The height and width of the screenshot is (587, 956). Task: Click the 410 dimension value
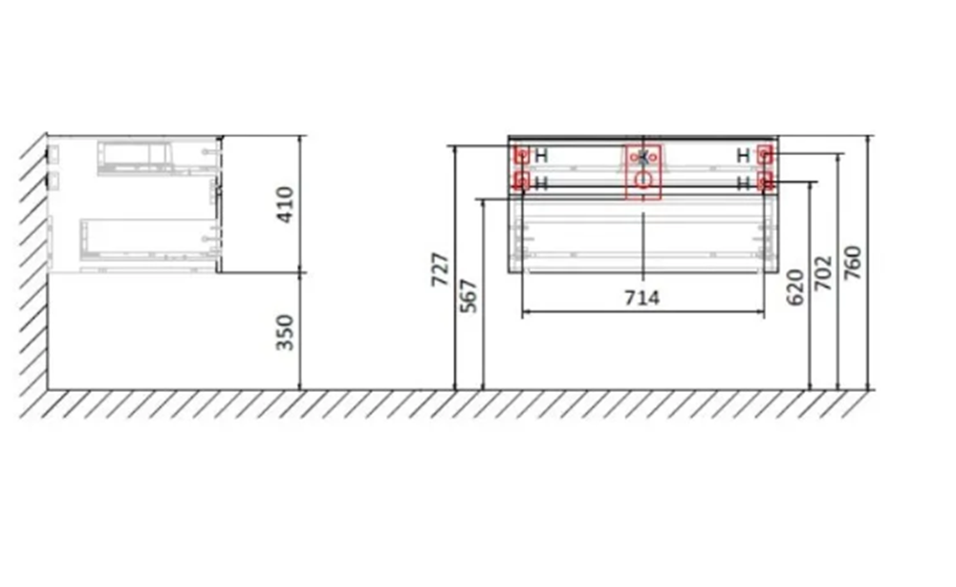click(286, 205)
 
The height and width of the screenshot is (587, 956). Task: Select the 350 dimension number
click(285, 332)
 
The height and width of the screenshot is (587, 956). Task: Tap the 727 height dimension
click(440, 269)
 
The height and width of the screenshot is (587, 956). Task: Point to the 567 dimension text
click(468, 295)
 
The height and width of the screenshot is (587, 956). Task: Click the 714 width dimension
click(642, 298)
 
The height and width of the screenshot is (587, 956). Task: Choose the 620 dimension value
click(795, 288)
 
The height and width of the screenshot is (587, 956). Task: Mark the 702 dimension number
click(823, 272)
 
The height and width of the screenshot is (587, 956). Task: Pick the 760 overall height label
click(853, 263)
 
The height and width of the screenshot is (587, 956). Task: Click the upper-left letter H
click(541, 156)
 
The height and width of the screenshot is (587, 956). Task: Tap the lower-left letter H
click(541, 183)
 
